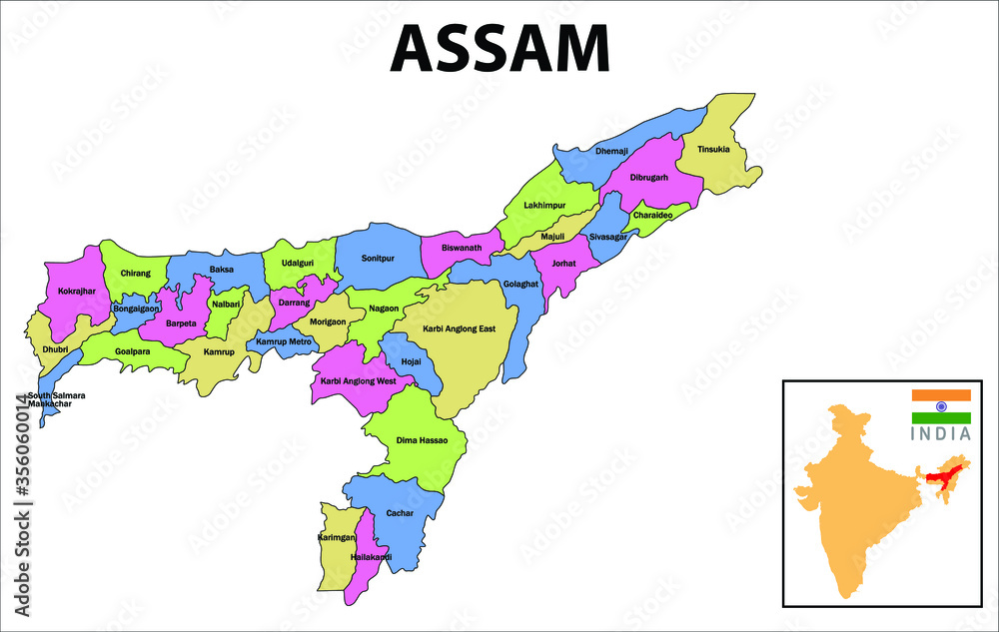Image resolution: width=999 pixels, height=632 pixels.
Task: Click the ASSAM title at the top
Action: tap(499, 47)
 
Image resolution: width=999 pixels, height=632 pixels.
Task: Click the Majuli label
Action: tap(552, 237)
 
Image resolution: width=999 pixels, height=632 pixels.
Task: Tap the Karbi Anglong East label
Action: tap(459, 329)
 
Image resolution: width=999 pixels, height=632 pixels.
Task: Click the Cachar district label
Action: tap(400, 513)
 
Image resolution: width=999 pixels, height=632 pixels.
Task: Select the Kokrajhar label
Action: tap(77, 292)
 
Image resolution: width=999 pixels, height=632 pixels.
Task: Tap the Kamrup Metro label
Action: tap(285, 342)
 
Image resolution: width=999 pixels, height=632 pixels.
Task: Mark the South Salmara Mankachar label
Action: tap(56, 399)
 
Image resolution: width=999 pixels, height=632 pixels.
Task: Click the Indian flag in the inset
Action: tap(940, 406)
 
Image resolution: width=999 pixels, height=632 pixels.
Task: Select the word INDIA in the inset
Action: tap(940, 434)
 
